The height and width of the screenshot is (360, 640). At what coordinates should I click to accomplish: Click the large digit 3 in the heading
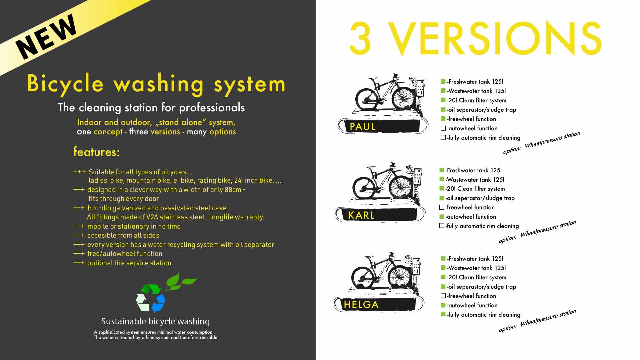point(360,39)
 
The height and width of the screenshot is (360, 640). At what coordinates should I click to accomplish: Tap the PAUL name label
point(362,127)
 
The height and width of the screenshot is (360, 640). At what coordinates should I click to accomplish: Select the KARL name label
point(361,215)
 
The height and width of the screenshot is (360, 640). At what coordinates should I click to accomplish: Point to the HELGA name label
point(361,305)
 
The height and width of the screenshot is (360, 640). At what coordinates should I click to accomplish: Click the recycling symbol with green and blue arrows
point(151,298)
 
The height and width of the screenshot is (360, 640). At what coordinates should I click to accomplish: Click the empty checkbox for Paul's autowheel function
point(443,128)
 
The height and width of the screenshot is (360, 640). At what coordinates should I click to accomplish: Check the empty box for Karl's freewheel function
point(442,207)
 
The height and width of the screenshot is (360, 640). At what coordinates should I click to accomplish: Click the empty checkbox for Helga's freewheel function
point(443,296)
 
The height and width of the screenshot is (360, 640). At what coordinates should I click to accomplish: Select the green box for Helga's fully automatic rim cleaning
point(443,314)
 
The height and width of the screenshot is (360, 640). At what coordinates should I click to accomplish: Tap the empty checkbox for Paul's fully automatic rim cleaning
point(443,138)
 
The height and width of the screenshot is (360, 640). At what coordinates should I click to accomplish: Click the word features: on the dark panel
point(96,152)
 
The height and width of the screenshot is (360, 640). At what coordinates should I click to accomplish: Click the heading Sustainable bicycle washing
point(155,321)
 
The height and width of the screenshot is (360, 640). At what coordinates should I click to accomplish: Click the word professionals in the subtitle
point(212,108)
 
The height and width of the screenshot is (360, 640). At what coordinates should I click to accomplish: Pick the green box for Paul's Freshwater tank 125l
point(443,82)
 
